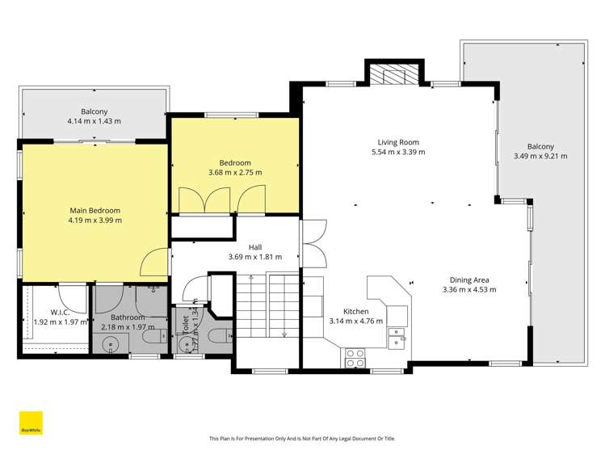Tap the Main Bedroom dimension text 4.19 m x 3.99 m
[94, 220]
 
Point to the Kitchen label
[355, 311]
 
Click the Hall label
[254, 247]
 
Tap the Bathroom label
[129, 317]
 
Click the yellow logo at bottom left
[31, 424]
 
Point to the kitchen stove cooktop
[355, 357]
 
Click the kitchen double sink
[396, 337]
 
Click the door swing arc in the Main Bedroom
[152, 261]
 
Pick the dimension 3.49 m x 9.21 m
[540, 156]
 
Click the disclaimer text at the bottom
[302, 439]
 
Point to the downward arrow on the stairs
[284, 333]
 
